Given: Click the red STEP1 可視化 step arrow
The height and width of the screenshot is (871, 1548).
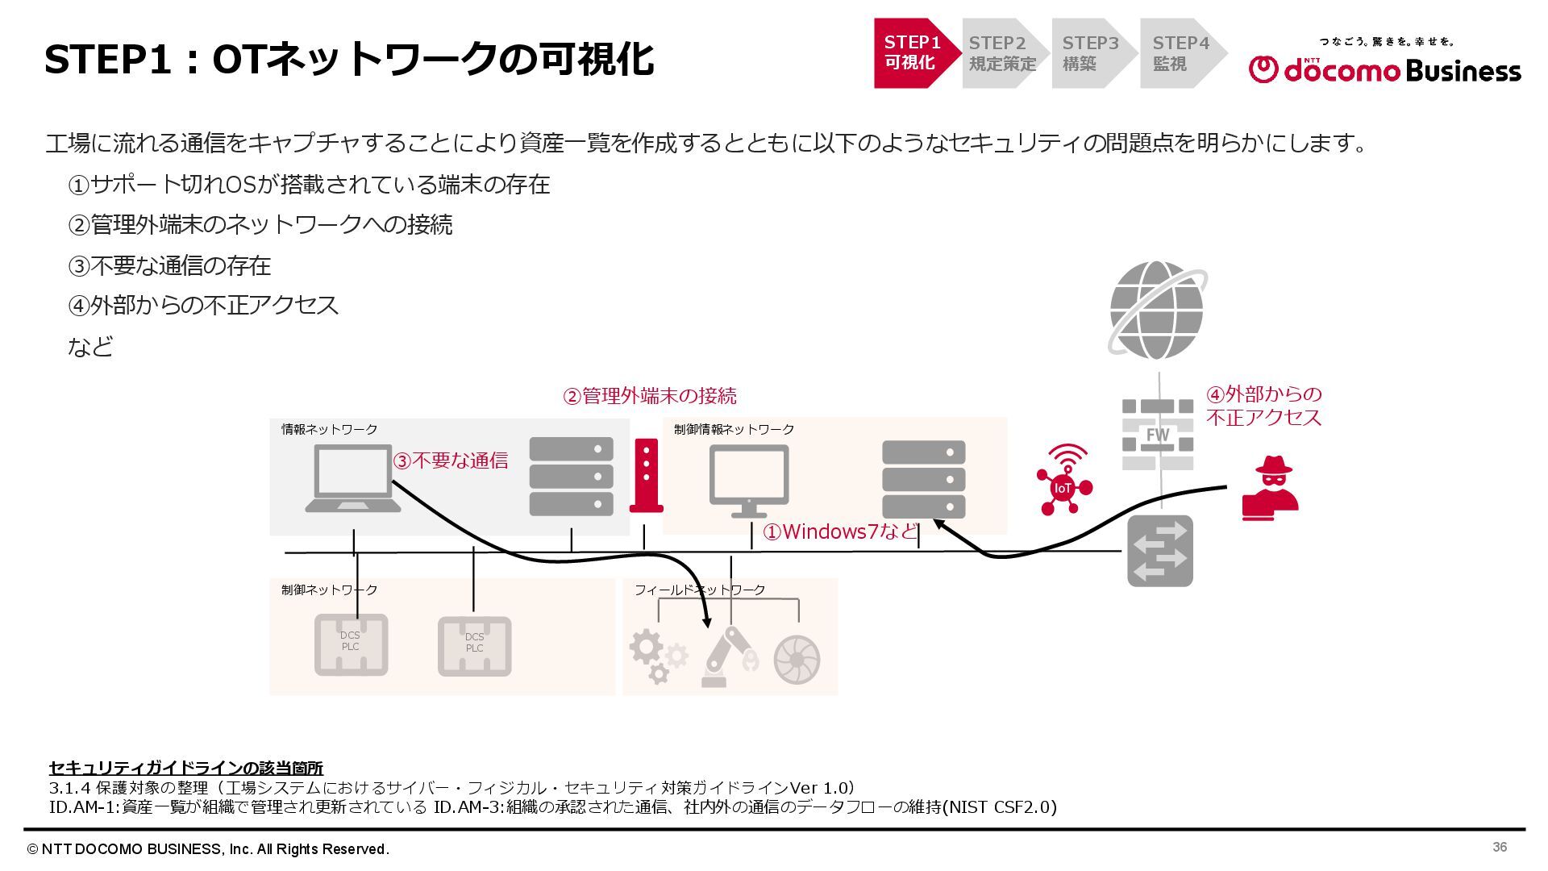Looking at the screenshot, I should tap(913, 53).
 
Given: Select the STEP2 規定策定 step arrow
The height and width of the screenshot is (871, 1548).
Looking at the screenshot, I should tap(1002, 53).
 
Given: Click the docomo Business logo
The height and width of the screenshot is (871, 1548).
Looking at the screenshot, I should tap(1384, 64).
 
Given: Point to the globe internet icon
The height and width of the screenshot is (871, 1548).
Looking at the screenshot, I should tap(1157, 310).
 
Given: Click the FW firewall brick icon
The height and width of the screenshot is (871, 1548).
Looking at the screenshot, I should tap(1158, 435).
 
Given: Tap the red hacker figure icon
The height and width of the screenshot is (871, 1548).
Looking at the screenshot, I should tap(1271, 488).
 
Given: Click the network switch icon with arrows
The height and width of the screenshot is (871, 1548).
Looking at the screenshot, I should tap(1159, 551).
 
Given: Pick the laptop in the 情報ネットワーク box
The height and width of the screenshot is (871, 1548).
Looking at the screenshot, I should tap(353, 479).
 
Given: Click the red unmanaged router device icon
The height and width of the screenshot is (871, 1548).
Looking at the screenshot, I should tap(646, 476).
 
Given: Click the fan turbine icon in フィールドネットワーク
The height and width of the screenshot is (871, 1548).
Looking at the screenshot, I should tap(797, 660).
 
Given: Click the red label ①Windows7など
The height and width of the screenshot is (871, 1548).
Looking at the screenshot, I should tap(840, 532).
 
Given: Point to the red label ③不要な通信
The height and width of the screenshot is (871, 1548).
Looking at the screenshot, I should tap(451, 461).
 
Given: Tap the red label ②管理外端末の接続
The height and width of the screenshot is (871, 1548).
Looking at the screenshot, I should tap(649, 396).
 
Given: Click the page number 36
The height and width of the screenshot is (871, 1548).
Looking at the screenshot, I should tap(1500, 847).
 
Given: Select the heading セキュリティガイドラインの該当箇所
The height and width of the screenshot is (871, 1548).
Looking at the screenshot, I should tap(185, 768).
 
